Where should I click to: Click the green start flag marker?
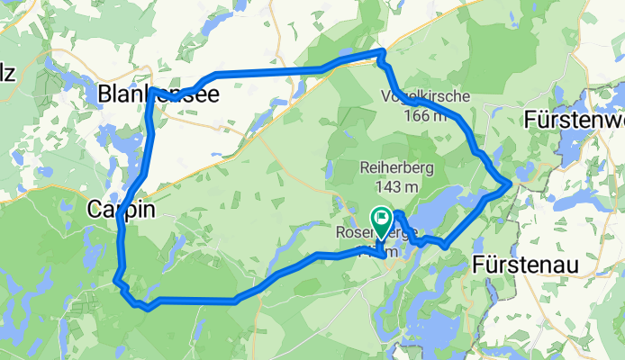[381, 218]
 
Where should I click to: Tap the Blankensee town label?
[159, 94]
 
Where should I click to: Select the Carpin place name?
[122, 210]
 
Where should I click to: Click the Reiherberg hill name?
[396, 167]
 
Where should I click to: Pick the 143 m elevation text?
[396, 187]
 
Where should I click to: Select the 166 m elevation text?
[424, 114]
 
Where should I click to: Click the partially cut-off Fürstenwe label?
[574, 119]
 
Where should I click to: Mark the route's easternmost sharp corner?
[511, 184]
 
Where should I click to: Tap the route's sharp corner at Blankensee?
[150, 89]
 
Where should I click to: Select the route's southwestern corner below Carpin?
[116, 282]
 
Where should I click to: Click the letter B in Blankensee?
[104, 94]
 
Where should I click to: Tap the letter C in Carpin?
[95, 210]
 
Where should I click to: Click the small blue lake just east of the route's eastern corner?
[525, 172]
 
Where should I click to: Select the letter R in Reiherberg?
[364, 167]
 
